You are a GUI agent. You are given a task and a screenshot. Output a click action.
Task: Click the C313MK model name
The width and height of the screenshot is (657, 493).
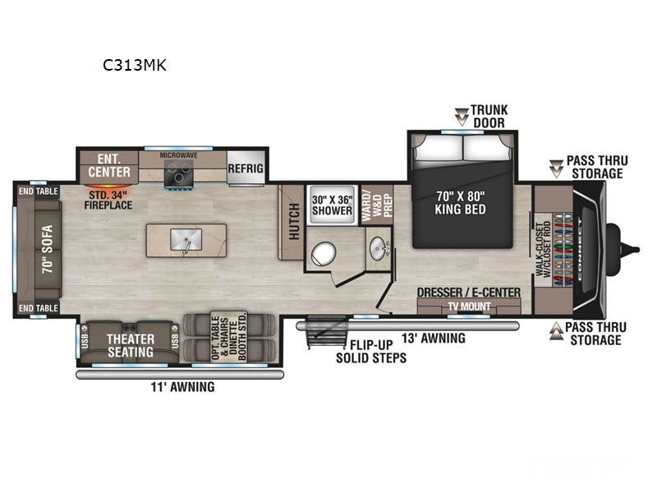(135, 65)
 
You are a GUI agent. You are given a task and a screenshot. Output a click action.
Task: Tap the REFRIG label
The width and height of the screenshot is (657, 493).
(246, 168)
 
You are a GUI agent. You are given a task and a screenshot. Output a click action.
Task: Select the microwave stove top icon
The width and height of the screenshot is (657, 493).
(178, 173)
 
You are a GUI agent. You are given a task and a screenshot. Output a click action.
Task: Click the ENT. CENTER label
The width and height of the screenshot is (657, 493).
(108, 165)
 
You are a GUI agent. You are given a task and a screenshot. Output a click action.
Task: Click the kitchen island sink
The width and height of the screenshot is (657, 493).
(185, 240)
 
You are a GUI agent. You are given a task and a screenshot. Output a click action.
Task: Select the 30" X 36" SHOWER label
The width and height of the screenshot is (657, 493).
(330, 204)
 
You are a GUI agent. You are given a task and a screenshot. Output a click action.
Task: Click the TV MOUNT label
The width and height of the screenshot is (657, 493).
(468, 306)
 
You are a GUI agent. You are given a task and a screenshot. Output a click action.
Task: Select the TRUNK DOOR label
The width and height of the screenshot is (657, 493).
(489, 116)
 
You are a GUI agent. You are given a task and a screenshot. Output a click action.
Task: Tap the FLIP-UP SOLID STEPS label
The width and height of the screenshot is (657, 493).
(370, 351)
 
